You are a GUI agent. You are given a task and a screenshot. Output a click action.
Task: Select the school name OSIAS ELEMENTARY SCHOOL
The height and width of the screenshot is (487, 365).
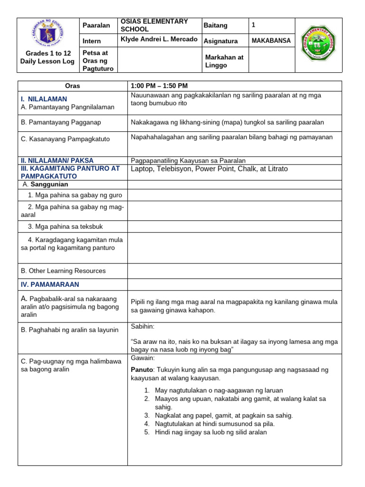(x=154, y=25)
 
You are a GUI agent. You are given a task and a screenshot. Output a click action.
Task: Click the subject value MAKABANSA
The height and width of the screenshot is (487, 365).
(x=270, y=41)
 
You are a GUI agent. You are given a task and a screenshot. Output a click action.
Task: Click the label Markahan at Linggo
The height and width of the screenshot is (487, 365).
(x=224, y=61)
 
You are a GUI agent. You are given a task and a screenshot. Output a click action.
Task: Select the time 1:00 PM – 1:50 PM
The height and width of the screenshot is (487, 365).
(x=159, y=86)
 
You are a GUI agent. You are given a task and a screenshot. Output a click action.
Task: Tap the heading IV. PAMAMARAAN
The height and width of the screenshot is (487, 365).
(x=49, y=284)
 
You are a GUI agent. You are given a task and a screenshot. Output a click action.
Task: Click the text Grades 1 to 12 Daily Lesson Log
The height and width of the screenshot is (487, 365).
(x=47, y=58)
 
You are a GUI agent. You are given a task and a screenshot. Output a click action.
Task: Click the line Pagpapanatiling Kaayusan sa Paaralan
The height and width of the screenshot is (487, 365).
(x=188, y=160)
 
